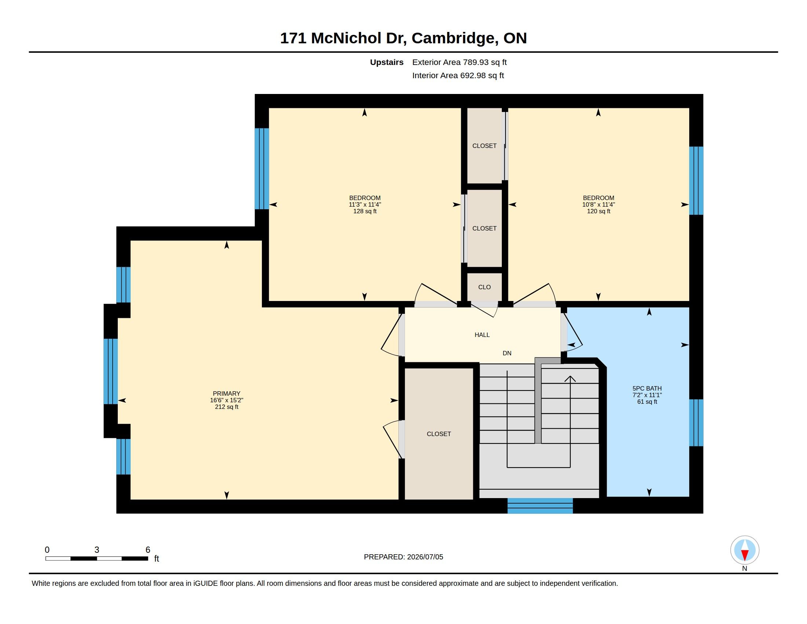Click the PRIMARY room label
[x=226, y=393]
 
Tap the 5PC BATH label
[x=647, y=388]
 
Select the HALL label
[x=482, y=335]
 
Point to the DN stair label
[x=507, y=353]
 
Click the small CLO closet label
[x=485, y=287]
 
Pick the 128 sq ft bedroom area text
[x=365, y=211]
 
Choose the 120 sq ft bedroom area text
[x=599, y=211]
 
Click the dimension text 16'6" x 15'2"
[x=226, y=400]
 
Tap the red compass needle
[x=745, y=555]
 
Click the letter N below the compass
[x=745, y=569]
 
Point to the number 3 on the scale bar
[x=97, y=550]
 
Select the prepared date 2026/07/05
[x=425, y=557]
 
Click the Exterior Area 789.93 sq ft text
[x=459, y=62]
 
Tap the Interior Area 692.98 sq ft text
[x=458, y=75]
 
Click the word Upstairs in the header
[x=387, y=62]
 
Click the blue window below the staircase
[x=540, y=506]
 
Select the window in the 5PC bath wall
[x=696, y=422]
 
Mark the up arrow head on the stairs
[x=570, y=379]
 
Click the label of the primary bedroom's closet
[x=439, y=434]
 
